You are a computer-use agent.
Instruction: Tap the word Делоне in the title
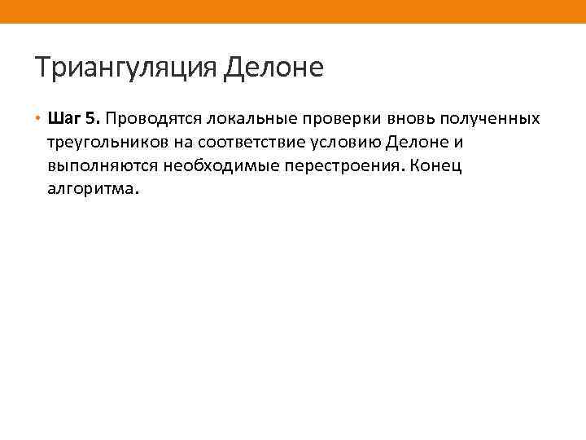(x=273, y=67)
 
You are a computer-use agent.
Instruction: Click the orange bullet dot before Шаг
(x=38, y=119)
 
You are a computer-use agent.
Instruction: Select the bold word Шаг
(x=63, y=119)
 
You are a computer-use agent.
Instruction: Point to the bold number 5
(x=92, y=119)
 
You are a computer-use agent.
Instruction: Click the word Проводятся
(x=151, y=119)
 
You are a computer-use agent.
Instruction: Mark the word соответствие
(x=244, y=143)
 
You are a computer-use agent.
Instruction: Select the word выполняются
(x=94, y=167)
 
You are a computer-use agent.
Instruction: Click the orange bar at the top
(x=293, y=11)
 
